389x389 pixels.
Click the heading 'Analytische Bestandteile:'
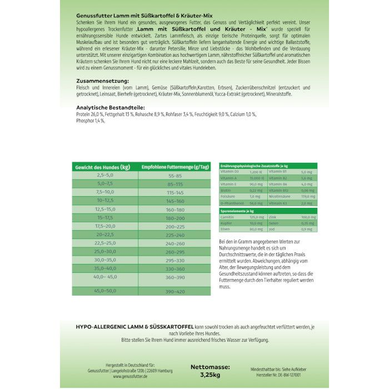tap(106, 106)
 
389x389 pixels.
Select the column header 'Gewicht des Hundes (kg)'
tap(103, 167)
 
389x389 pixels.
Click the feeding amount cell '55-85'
tap(175, 175)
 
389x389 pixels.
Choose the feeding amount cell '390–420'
tap(175, 291)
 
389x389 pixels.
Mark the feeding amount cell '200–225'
tap(175, 225)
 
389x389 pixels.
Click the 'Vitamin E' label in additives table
tap(229, 184)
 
